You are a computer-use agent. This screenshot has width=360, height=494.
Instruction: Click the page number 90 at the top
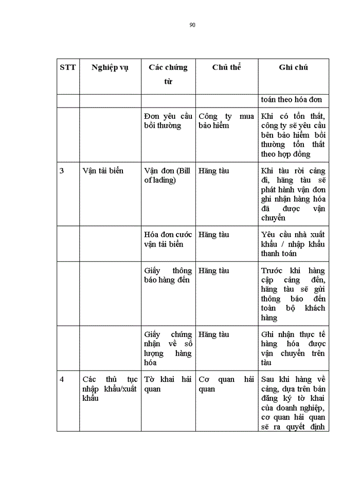(192, 25)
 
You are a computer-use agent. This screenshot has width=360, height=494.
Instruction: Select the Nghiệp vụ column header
(110, 68)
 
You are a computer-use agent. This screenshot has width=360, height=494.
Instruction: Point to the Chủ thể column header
(226, 67)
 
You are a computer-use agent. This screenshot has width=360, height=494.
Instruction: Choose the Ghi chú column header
(293, 67)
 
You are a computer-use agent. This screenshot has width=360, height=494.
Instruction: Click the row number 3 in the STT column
(62, 171)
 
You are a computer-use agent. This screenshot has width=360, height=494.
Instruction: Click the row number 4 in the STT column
(62, 379)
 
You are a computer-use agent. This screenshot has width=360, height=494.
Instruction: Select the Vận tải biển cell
(103, 171)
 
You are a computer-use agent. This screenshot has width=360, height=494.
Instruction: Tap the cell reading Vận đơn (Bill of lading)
(168, 175)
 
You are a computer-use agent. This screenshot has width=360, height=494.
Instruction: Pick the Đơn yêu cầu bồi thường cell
(168, 121)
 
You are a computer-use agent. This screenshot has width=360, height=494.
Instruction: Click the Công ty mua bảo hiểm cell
(226, 121)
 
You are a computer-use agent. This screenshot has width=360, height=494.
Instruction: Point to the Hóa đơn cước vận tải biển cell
(168, 239)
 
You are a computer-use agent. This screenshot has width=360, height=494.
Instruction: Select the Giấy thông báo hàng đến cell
(168, 275)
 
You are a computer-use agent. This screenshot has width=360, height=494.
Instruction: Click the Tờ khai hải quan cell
(168, 384)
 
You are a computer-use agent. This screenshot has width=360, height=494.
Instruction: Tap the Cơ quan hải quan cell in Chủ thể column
(226, 384)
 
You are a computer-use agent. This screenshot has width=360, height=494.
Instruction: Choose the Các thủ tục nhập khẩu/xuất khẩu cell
(110, 389)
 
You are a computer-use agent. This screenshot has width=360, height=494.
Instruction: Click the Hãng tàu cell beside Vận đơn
(214, 171)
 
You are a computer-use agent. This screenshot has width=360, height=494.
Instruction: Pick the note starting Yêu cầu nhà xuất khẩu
(293, 244)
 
